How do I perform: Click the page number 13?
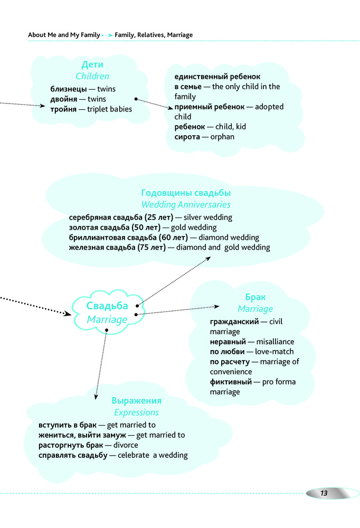324,493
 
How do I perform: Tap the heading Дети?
92,65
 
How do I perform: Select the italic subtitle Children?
92,77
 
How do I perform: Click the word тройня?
63,109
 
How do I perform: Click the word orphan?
222,137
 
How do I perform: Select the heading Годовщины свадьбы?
186,193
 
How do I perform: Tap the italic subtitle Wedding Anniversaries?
186,204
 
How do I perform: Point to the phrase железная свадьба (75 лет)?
117,247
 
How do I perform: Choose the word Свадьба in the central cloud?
107,306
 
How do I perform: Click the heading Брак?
255,297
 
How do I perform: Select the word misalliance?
276,342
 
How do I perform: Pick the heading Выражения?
137,401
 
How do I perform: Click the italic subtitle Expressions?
137,412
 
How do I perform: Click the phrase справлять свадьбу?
73,455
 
